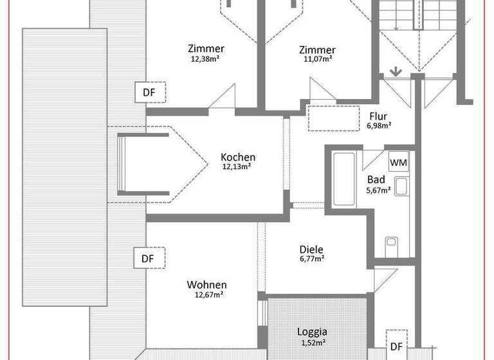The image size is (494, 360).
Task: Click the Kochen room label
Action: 238,157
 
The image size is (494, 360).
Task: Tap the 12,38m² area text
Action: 206,59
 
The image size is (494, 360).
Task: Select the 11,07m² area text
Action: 317,59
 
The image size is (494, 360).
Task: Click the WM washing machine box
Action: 399,162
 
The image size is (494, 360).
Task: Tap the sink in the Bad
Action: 402,186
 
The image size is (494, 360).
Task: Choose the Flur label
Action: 379,116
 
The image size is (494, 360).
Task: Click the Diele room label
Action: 311,250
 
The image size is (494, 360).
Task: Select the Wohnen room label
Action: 206,285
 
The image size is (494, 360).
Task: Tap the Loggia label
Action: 312,332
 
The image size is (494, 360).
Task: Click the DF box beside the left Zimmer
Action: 149,93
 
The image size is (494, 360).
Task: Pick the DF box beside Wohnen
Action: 149,258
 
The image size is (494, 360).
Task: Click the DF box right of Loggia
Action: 397,346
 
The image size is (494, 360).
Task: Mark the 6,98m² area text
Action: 379,126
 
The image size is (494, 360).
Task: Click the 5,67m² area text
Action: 378,190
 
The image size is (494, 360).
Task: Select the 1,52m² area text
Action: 312,342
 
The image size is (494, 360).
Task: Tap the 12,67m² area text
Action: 206,294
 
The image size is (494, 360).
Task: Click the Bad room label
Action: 376,180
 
